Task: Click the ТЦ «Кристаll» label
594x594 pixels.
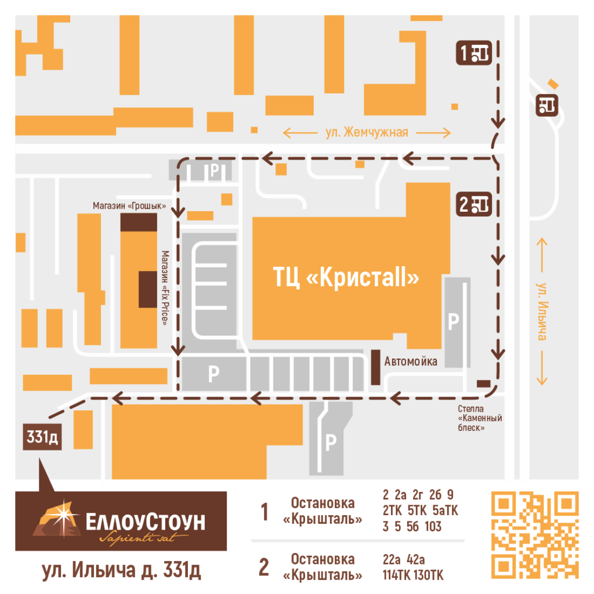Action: point(346,278)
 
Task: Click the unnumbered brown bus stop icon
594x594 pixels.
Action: point(548,104)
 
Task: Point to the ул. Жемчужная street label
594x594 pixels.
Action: point(367,133)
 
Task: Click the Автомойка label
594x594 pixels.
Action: point(411,361)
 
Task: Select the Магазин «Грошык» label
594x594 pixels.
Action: point(129,206)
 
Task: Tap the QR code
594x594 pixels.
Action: point(535,535)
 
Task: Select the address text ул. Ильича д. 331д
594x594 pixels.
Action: point(121,570)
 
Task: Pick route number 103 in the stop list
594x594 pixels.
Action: point(432,527)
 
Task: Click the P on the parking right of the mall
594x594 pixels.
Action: point(454,320)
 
